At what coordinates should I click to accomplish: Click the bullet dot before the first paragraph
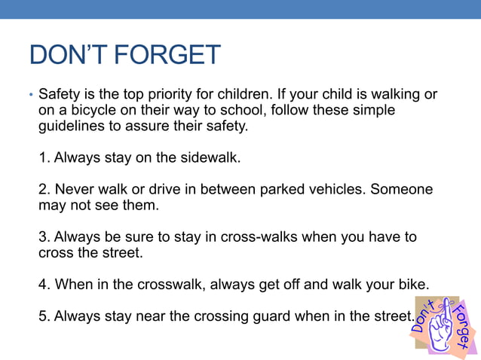coord(31,96)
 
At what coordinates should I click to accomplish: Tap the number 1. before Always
coord(44,158)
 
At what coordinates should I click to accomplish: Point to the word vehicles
coord(334,189)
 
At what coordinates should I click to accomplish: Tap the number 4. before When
coord(44,284)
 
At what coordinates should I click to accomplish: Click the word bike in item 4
coord(412,284)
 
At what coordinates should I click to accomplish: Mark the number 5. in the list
coord(44,316)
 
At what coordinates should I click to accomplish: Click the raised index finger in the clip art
coord(446,313)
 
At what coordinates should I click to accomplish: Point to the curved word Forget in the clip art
coord(464,328)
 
